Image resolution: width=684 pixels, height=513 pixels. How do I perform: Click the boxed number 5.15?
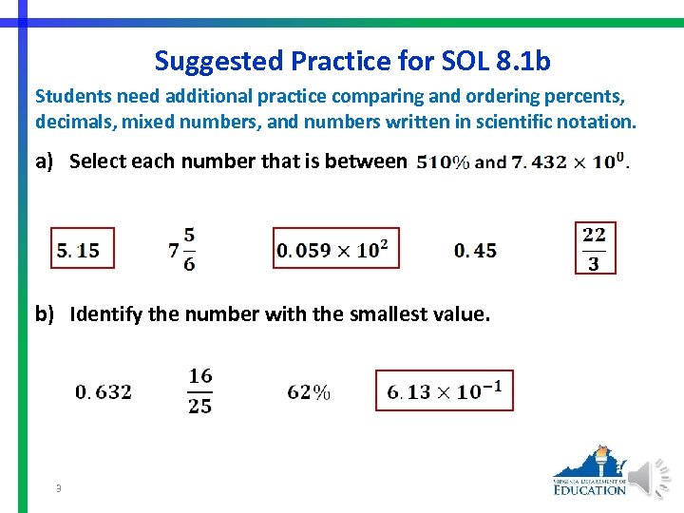click(x=82, y=249)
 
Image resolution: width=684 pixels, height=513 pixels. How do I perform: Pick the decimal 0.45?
click(x=475, y=251)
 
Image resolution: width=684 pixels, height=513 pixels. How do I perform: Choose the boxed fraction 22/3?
click(x=595, y=248)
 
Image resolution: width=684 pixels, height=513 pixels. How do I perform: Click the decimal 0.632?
click(x=104, y=391)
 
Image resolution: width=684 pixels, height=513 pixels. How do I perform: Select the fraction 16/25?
click(x=200, y=390)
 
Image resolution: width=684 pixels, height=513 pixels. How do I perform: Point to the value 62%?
click(x=309, y=392)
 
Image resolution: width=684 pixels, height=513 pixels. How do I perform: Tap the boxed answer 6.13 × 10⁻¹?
click(x=444, y=390)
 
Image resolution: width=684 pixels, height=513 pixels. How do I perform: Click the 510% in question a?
click(x=442, y=162)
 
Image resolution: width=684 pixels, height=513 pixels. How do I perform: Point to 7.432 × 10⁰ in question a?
click(x=567, y=161)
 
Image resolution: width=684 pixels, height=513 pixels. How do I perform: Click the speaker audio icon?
click(x=653, y=476)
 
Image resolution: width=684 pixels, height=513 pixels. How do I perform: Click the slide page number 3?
click(x=59, y=488)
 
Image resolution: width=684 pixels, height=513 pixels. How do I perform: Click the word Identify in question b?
click(x=104, y=314)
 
